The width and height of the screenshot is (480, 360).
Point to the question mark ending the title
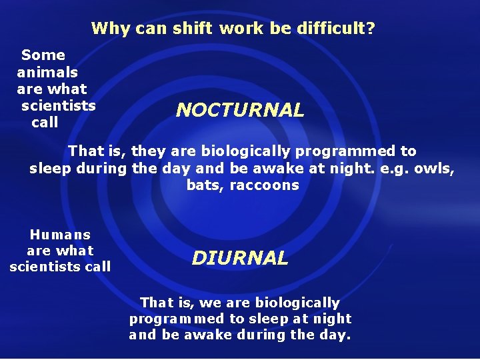tap(371, 29)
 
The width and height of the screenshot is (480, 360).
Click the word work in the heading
tap(241, 29)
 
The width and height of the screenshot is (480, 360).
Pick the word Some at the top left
tap(43, 55)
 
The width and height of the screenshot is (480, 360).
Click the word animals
tap(47, 72)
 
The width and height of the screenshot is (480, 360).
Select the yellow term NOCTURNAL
tap(240, 110)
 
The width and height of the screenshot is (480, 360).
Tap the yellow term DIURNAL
tap(240, 258)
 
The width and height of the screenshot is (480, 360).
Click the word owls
tap(433, 169)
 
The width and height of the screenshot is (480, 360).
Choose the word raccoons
tap(264, 185)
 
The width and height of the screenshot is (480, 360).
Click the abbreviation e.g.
tap(393, 169)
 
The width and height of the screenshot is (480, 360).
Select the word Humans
tap(60, 235)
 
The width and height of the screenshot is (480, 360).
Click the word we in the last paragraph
tap(209, 303)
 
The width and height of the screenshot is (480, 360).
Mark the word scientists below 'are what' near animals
tap(59, 106)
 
